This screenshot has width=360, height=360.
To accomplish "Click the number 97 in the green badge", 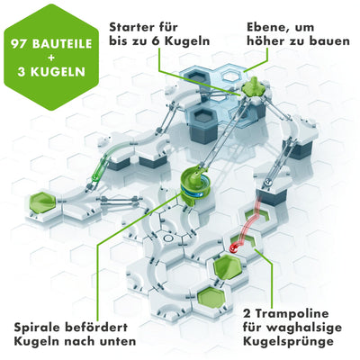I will (21, 43).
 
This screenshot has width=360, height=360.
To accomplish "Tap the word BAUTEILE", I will (60, 43).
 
